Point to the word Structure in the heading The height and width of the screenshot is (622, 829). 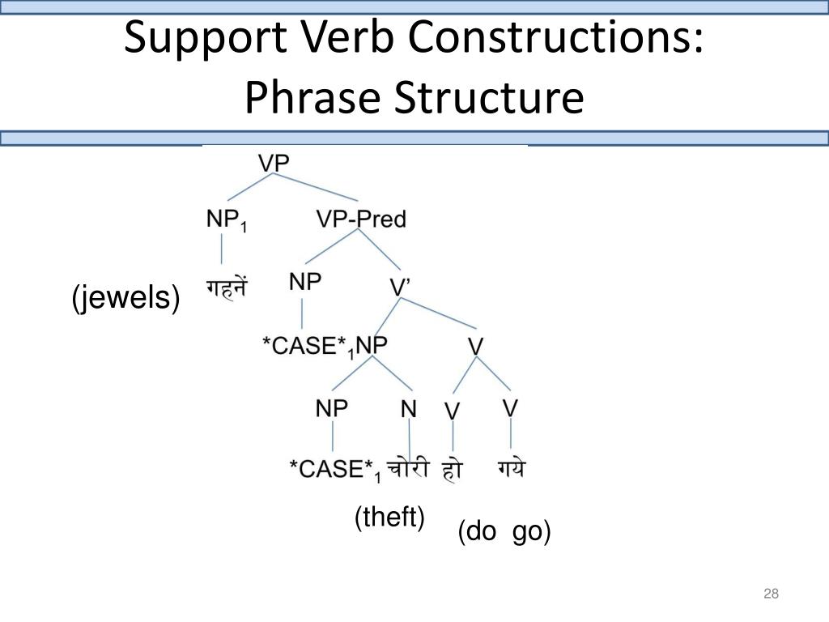coord(489,98)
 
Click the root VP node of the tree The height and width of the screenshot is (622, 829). coord(274,162)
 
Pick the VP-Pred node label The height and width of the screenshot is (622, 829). coord(360,219)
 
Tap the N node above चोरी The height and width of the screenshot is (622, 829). coord(409,409)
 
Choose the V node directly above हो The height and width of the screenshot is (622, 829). coord(452,411)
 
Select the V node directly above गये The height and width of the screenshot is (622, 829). coord(510,407)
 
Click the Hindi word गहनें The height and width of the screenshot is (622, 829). coord(226,288)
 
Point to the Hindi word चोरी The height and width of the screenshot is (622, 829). coord(407,468)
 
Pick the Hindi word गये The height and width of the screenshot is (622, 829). coord(510,468)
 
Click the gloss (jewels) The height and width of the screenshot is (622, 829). coord(125,299)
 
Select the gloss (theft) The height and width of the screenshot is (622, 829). coord(389,517)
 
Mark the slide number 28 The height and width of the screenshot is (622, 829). coord(771,594)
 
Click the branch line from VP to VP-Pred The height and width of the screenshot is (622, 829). coord(324,188)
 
